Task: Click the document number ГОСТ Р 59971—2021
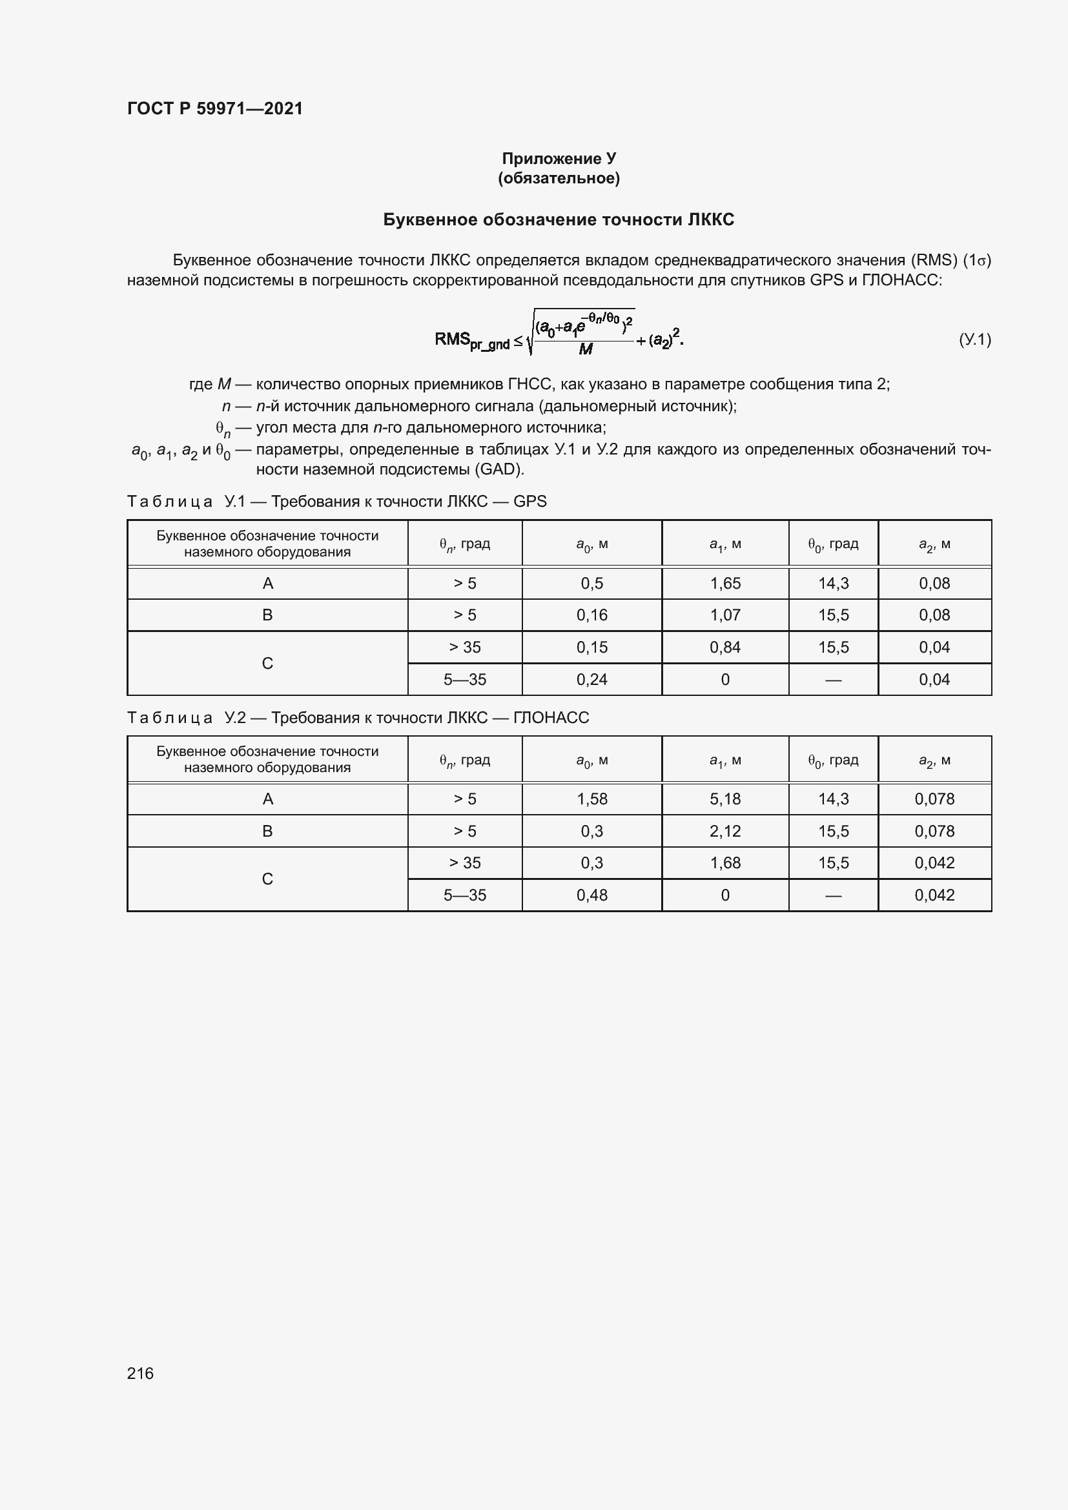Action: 215,108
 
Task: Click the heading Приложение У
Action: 559,159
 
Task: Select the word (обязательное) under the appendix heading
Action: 559,178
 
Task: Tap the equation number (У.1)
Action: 974,340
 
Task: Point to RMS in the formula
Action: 452,340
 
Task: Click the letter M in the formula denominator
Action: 585,350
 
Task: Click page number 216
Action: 140,1373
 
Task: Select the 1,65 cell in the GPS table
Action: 724,584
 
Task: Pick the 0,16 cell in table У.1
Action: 591,615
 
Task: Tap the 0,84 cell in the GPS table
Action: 724,647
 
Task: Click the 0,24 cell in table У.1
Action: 591,679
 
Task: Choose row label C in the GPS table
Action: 267,663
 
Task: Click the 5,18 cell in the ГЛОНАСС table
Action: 724,799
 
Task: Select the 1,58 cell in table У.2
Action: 591,799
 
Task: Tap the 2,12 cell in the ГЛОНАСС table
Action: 724,832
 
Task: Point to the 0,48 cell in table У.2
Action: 591,895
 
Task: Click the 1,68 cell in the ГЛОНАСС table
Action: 724,863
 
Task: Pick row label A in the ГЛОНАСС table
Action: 267,799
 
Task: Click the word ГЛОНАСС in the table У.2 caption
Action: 550,717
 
